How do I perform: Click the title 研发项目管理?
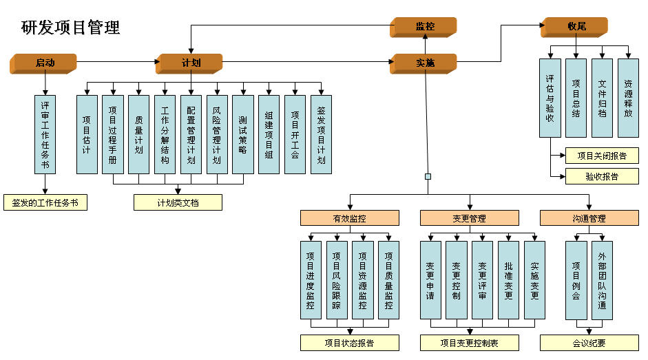[70, 28]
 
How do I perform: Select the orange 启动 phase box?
[43, 63]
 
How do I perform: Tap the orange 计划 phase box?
[189, 63]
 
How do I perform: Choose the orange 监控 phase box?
[424, 28]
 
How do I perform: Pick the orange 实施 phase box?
[424, 63]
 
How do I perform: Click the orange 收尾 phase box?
[574, 28]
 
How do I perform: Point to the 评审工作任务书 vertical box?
[45, 135]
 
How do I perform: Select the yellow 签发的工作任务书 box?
[45, 202]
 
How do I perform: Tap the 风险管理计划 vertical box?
[217, 135]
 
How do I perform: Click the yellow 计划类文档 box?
[178, 202]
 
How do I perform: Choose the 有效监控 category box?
[350, 218]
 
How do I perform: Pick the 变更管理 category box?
[470, 218]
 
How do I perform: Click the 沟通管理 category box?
[589, 218]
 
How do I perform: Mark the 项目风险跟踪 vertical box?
[337, 280]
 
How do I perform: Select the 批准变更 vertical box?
[508, 280]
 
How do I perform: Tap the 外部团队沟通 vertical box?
[602, 280]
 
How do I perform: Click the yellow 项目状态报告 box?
[350, 343]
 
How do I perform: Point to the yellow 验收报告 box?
[602, 176]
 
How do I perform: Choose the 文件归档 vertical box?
[602, 98]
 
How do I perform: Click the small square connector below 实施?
[428, 176]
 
